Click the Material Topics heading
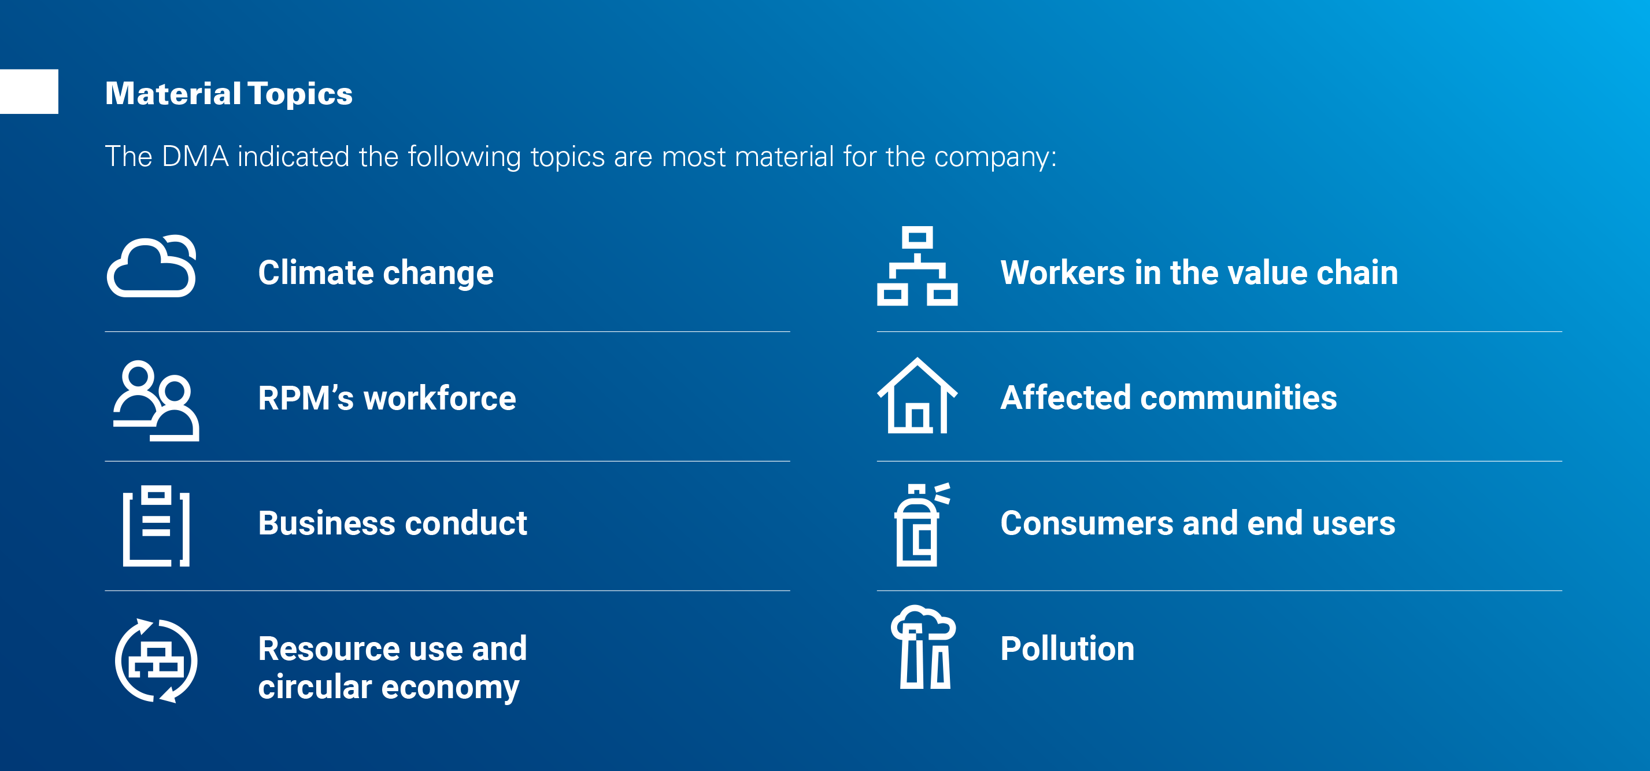point(229,94)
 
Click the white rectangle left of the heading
point(29,91)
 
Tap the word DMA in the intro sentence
point(195,156)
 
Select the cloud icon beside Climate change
point(153,267)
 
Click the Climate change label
point(375,272)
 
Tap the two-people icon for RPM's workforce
point(156,401)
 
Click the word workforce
point(439,398)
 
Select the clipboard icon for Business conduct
point(156,526)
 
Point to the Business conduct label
point(392,523)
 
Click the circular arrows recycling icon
point(156,661)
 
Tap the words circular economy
point(388,687)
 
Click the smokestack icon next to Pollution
point(922,647)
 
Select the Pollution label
point(1067,648)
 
